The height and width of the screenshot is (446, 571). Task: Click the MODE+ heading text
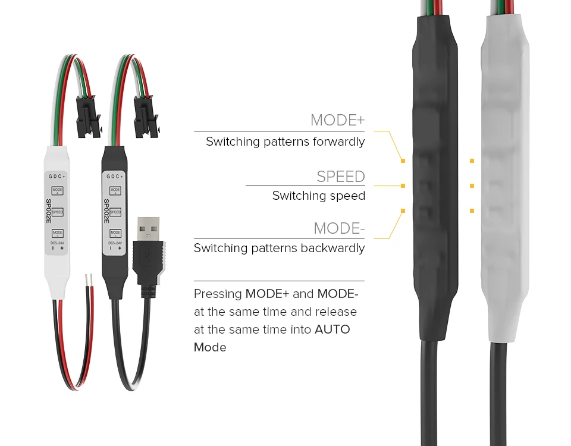[x=337, y=120]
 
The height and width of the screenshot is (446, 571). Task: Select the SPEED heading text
[x=340, y=177]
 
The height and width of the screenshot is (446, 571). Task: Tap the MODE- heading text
[x=339, y=228]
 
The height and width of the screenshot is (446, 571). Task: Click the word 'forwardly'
[x=336, y=142]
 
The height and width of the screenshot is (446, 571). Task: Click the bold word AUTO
[x=332, y=329]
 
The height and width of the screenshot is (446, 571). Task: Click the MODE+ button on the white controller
[x=57, y=191]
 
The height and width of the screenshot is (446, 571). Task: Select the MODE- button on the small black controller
[x=115, y=233]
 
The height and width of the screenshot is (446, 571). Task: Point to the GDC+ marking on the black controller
[x=115, y=177]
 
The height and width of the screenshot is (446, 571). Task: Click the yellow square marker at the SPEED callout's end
[x=403, y=186]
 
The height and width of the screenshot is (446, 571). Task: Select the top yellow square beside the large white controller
[x=472, y=161]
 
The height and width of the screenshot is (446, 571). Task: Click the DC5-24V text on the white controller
[x=57, y=243]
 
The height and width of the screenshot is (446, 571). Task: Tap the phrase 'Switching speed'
[x=318, y=196]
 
